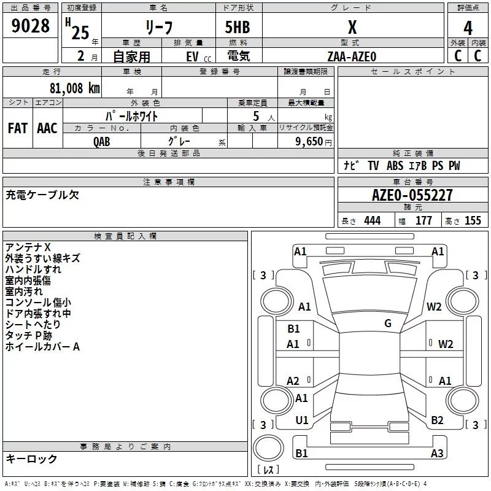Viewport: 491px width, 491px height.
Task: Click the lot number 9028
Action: click(x=31, y=26)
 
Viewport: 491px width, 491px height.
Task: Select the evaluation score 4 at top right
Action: click(x=468, y=28)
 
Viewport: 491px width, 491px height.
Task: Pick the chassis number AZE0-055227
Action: click(x=412, y=195)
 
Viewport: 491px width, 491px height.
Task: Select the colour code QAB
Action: click(x=102, y=141)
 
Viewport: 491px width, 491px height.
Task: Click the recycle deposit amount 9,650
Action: click(x=310, y=141)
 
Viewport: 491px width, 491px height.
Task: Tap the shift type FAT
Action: click(x=18, y=128)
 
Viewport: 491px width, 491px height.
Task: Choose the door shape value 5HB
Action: click(x=238, y=28)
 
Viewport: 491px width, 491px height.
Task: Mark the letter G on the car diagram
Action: click(x=388, y=323)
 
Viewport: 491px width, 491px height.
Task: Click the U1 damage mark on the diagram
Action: click(x=302, y=420)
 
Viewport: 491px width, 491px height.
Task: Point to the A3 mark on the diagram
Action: click(x=437, y=454)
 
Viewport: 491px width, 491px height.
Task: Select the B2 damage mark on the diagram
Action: click(x=437, y=420)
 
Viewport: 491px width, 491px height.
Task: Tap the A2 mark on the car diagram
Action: click(x=293, y=381)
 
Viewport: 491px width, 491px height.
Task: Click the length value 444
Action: click(x=372, y=221)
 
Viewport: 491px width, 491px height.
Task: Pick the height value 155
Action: click(x=473, y=221)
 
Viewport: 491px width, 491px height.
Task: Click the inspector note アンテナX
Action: click(x=28, y=247)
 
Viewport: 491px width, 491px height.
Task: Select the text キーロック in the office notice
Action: click(x=32, y=459)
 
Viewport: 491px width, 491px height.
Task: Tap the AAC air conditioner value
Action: click(x=47, y=128)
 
